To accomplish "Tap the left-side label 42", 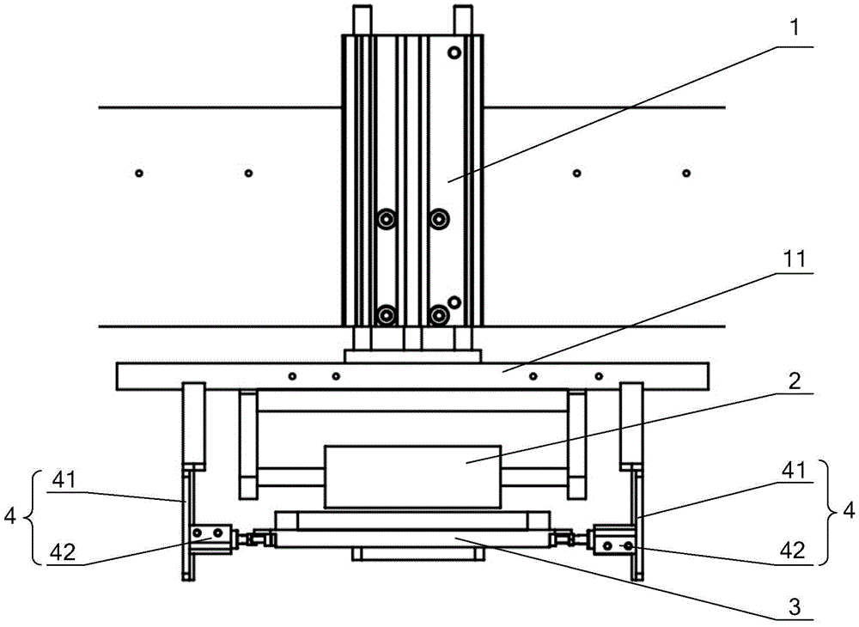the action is [64, 552].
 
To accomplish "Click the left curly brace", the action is [32, 517].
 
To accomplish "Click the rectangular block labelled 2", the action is [411, 475].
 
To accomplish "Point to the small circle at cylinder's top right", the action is [454, 53].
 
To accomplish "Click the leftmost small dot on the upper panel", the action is [138, 173].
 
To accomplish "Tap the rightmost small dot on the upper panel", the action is [686, 173].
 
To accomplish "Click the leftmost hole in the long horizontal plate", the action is [293, 376].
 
